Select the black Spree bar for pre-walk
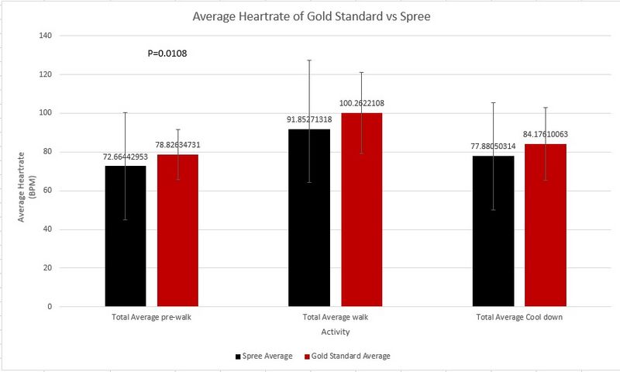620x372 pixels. [126, 236]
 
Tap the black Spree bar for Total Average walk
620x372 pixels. [309, 218]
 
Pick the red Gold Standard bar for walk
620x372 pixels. [361, 210]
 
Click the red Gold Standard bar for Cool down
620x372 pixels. [545, 225]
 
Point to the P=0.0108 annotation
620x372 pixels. [167, 54]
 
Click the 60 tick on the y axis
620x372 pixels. [46, 191]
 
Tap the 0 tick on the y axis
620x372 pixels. [49, 307]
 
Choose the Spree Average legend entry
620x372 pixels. [265, 356]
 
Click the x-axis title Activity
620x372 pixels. [335, 332]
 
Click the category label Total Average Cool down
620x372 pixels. [518, 319]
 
